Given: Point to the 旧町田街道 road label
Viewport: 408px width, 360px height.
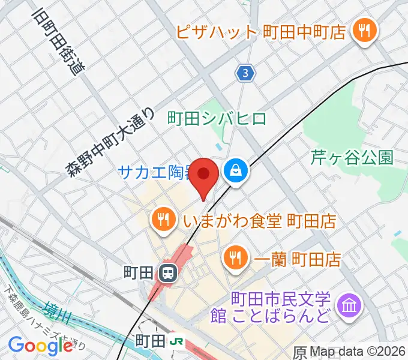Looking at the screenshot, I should click(60, 40).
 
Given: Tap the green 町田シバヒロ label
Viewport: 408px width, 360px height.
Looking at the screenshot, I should click(217, 118).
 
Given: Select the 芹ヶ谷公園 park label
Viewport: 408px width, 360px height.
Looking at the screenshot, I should click(352, 158).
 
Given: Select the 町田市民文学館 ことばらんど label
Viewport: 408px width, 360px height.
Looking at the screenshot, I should click(281, 306).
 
